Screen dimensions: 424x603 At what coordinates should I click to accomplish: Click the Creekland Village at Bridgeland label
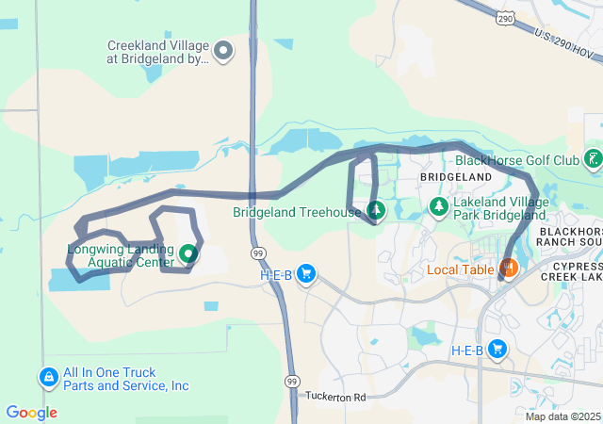coord(157,52)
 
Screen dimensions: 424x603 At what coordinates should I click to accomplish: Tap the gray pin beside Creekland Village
coord(223,51)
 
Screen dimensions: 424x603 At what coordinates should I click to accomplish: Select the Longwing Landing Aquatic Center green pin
coord(187,253)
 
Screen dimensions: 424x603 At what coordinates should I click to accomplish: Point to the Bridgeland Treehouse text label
coord(297,212)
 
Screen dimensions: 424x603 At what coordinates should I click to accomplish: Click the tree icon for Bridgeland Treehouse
coord(376,209)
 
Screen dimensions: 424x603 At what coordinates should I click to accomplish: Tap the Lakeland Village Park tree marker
coord(438,206)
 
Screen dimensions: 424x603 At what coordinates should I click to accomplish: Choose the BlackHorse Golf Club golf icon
coord(593,158)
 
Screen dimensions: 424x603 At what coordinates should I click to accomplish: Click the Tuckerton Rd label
coord(334,397)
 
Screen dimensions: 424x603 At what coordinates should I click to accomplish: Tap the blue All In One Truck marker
coord(48,378)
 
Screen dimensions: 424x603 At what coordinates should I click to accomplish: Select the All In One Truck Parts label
coord(125,379)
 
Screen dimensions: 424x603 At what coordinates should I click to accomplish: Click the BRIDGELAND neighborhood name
coord(456,177)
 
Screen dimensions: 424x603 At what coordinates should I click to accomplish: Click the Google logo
coord(31,413)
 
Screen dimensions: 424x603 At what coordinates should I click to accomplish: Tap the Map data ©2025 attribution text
coord(562,416)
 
